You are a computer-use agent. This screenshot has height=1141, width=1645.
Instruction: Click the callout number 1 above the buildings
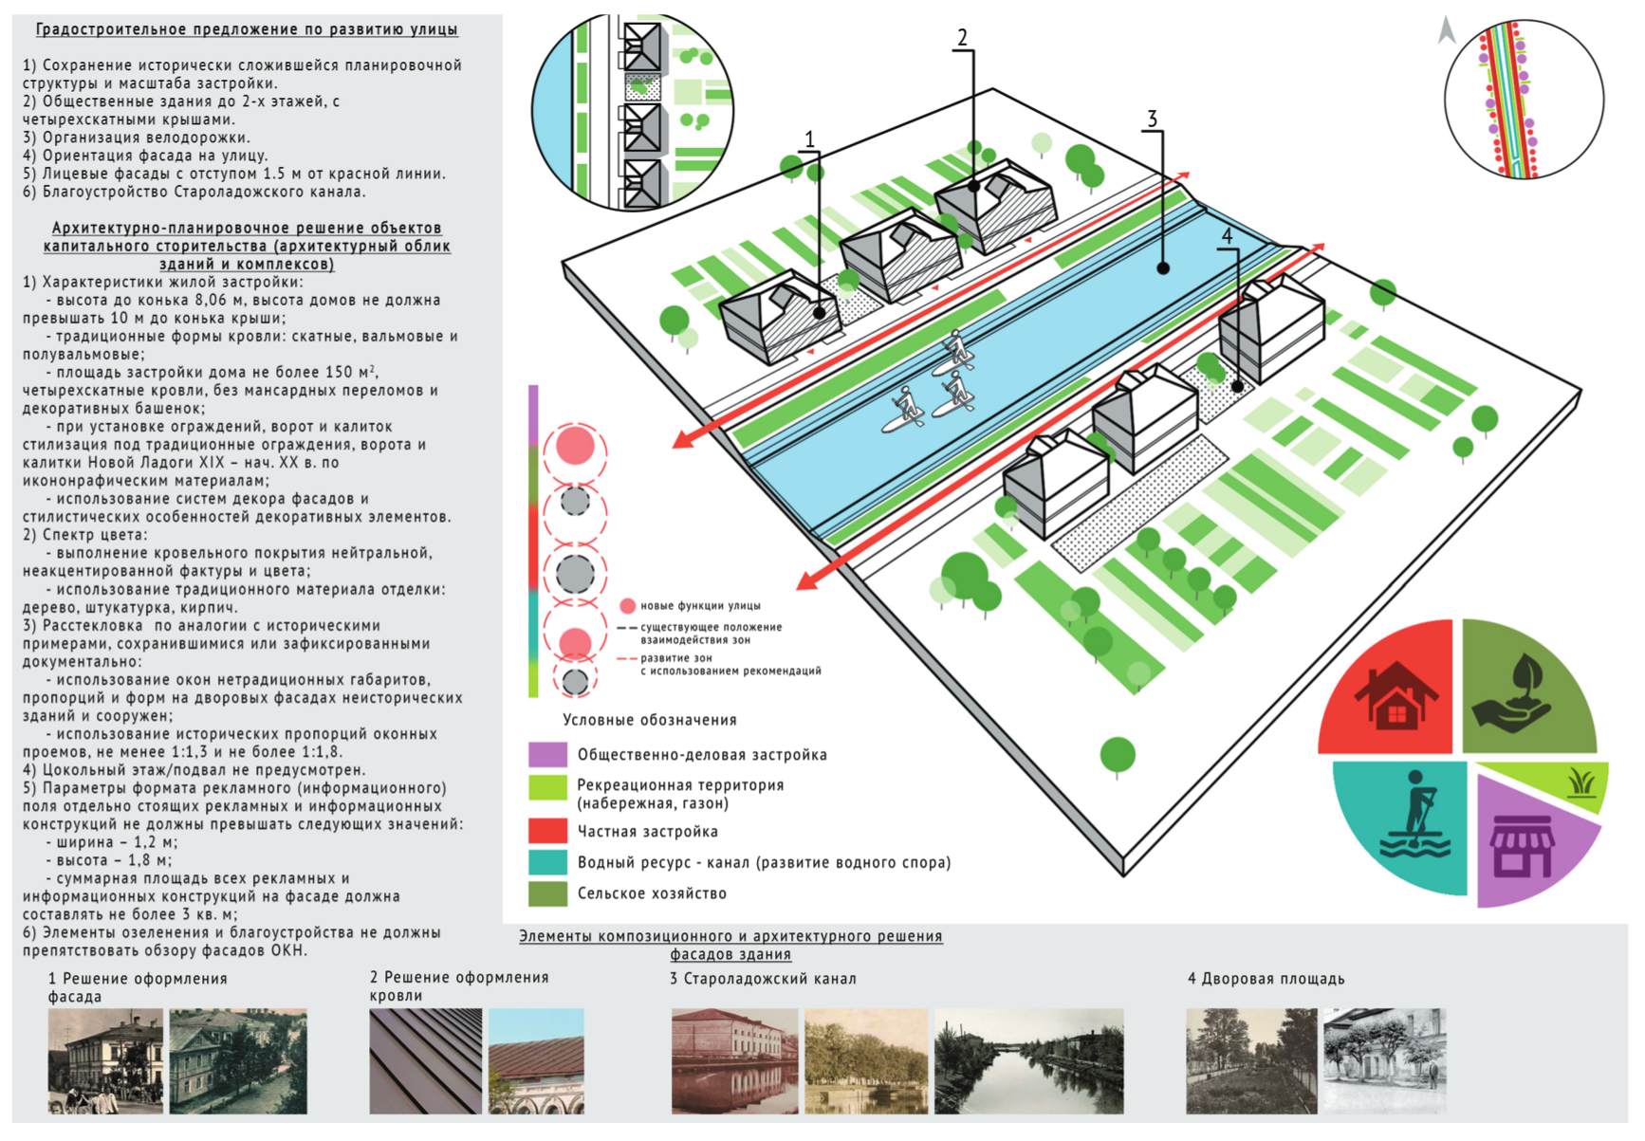[x=809, y=140]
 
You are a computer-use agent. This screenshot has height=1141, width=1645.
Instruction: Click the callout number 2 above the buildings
[x=962, y=38]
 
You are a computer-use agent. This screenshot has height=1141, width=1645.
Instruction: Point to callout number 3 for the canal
[x=1152, y=119]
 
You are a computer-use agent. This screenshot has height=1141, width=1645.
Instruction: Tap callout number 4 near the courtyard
[x=1227, y=236]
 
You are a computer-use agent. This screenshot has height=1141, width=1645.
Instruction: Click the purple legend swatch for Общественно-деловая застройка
[x=546, y=755]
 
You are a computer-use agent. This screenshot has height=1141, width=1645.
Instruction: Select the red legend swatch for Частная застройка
[x=546, y=831]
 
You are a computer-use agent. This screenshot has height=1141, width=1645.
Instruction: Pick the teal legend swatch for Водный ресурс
[x=546, y=862]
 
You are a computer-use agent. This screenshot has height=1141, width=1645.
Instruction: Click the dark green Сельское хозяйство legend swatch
[x=546, y=893]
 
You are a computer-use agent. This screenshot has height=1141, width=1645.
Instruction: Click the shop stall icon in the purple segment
[x=1521, y=844]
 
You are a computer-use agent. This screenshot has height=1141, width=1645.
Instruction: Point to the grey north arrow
[x=1446, y=30]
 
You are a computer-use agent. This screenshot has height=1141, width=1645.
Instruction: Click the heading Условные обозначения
[x=650, y=720]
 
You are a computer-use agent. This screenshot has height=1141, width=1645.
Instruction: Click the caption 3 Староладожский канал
[x=763, y=979]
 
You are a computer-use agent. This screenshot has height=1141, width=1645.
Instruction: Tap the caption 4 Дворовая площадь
[x=1266, y=979]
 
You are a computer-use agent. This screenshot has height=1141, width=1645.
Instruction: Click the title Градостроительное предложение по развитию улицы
[x=247, y=29]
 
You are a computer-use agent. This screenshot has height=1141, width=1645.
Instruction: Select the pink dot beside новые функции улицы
[x=627, y=606]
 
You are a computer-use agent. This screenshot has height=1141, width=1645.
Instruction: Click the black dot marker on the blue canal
[x=1163, y=268]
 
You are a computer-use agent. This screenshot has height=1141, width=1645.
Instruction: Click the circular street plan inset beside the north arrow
[x=1523, y=101]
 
